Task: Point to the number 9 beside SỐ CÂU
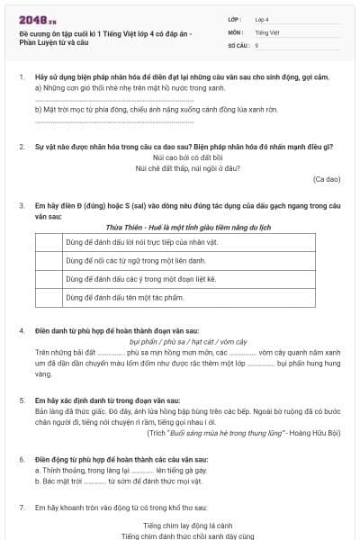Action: (257, 44)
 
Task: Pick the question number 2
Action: (21, 146)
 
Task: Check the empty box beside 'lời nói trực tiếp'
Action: (49, 243)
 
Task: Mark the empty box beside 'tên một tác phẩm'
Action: (49, 297)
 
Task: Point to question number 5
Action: (21, 399)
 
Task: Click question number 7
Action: (21, 508)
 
